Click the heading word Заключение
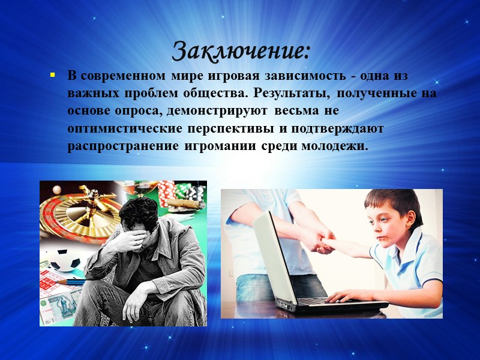pos(241,50)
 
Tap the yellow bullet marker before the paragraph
pos(52,76)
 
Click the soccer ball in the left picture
pos(63,259)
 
